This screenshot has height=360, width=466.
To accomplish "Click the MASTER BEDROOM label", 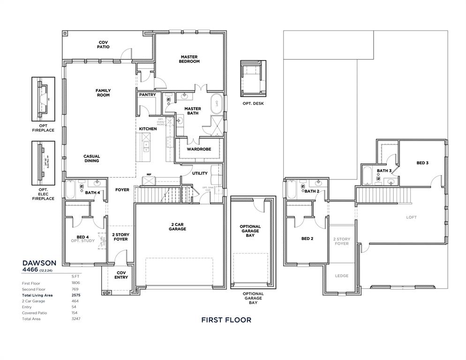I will (x=190, y=59).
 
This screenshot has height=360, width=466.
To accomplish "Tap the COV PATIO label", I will (x=103, y=45).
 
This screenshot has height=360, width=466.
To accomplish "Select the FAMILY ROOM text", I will (x=103, y=93).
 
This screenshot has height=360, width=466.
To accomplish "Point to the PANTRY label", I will (x=147, y=95).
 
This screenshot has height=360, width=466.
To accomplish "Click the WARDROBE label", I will (x=199, y=149).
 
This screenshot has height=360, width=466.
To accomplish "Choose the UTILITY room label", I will (x=200, y=173).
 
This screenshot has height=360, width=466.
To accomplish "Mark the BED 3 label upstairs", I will (x=422, y=163).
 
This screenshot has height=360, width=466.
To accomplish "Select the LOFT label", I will (x=411, y=217).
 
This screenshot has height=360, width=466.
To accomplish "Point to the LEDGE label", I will (x=342, y=276).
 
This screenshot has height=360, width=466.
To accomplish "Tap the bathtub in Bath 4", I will (x=71, y=190).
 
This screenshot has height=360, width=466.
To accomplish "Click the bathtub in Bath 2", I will (x=292, y=190).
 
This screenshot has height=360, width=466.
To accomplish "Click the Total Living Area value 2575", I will (x=75, y=295).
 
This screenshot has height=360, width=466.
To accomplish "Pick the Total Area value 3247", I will (x=75, y=319).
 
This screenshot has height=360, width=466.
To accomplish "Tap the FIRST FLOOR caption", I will (x=226, y=320).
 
